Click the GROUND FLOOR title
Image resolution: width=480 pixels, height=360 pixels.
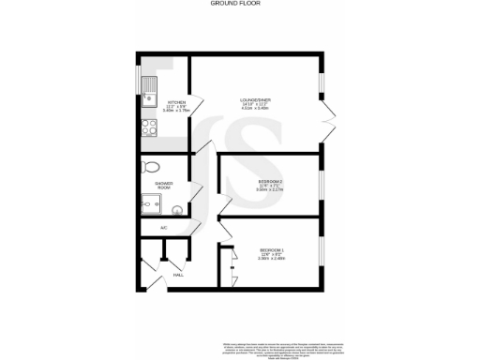(239, 5)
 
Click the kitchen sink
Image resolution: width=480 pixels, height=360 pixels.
(149, 90)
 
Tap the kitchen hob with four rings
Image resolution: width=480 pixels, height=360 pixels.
(148, 127)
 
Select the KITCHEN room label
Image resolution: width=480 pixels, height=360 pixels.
(176, 102)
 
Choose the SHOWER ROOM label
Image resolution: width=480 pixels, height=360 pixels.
(163, 186)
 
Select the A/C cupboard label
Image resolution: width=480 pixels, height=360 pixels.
(163, 228)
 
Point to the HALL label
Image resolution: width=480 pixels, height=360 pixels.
(178, 275)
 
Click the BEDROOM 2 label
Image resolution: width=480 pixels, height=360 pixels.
(270, 181)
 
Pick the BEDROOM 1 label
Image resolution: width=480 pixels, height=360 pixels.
(271, 249)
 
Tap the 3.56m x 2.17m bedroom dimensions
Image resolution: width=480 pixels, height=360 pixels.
(270, 190)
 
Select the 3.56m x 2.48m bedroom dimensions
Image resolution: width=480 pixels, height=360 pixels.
(271, 259)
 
